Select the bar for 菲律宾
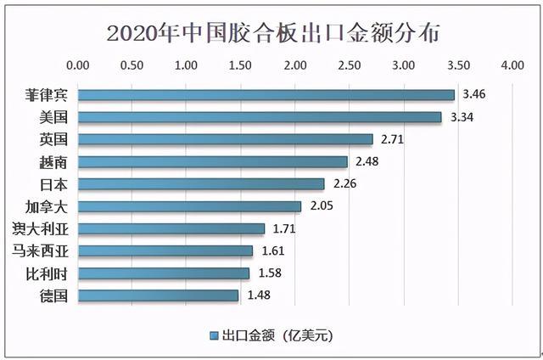pos(266,94)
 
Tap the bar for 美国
pos(259,116)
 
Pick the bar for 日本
pos(200,183)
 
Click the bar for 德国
pos(158,295)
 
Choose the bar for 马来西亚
pos(165,250)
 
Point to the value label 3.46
pos(476,94)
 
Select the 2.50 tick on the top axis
pos(349,65)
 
